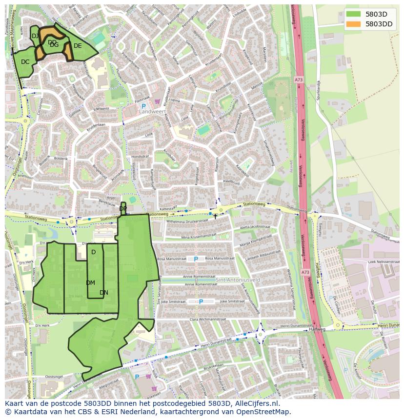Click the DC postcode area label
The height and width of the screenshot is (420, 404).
point(25,62)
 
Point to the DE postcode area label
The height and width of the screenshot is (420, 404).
point(78,46)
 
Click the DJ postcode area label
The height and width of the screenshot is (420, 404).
point(35,36)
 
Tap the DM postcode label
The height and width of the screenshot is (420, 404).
point(90,283)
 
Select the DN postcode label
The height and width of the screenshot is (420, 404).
point(103,293)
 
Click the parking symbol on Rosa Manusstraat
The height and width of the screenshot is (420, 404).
point(196,259)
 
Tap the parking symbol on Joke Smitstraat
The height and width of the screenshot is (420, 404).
point(201,302)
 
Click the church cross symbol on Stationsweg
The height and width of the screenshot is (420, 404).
point(215,216)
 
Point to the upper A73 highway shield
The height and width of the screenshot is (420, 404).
point(298,80)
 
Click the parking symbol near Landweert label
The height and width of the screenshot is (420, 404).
point(144,106)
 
